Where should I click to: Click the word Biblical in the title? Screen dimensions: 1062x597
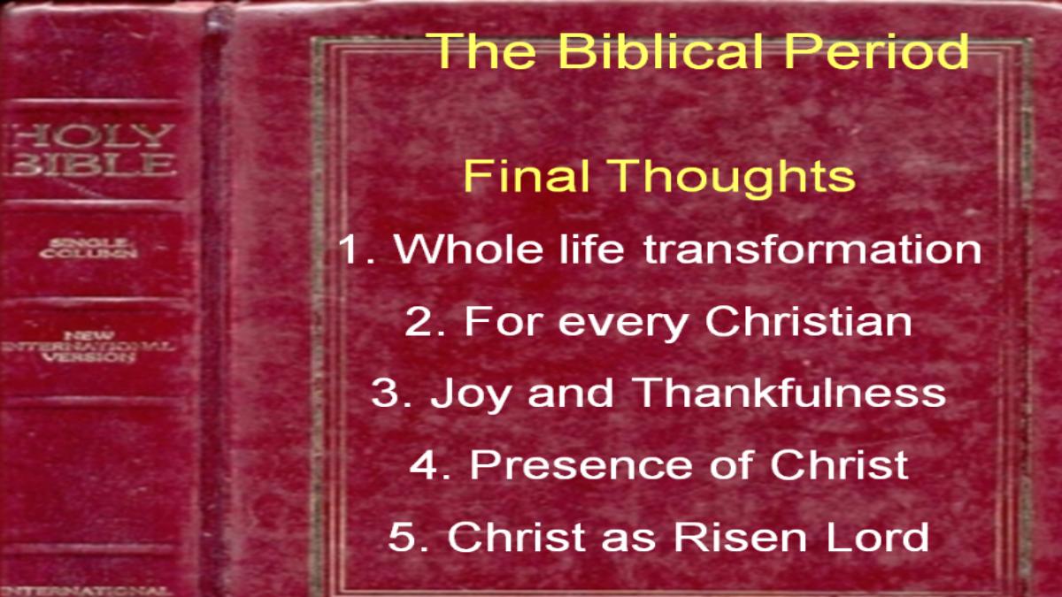[x=660, y=50]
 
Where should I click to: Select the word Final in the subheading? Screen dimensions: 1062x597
[x=527, y=175]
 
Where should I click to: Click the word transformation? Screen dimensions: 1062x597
[x=812, y=249]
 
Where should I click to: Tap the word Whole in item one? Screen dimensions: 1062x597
[x=468, y=249]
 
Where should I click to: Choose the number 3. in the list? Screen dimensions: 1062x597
[x=391, y=393]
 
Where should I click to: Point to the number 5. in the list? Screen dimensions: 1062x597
[x=408, y=536]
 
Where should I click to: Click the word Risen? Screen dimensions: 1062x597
[x=740, y=536]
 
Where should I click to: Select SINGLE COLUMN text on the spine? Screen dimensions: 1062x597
[x=88, y=249]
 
